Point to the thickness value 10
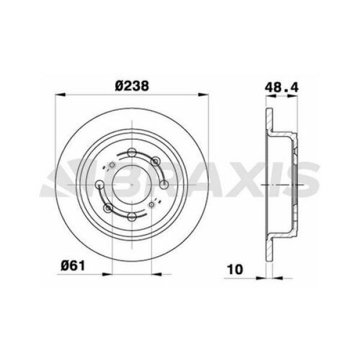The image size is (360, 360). pyautogui.click(x=236, y=269)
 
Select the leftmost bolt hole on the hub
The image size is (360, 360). pyautogui.click(x=98, y=183)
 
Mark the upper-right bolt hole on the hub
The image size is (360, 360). pyautogui.click(x=155, y=160)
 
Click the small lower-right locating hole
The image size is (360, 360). pyautogui.click(x=151, y=205)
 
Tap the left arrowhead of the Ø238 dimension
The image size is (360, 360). pyautogui.click(x=58, y=94)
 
